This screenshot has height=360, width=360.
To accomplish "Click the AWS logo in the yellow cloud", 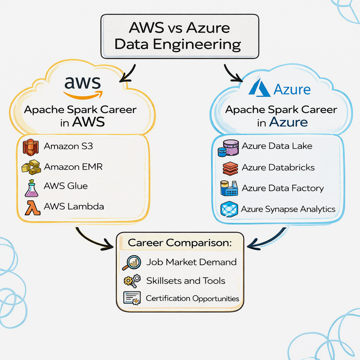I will point(83,86).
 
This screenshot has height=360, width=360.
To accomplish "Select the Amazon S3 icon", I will point(31,147).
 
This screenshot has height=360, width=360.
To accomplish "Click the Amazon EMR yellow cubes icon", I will point(31,167).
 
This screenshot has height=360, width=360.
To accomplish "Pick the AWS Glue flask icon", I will point(31,188).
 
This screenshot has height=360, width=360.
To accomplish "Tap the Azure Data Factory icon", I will point(229,188).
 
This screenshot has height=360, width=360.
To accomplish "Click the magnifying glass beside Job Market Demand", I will point(132,263).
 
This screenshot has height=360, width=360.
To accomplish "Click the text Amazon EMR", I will point(73,166).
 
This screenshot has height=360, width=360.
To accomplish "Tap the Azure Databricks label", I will point(278,167).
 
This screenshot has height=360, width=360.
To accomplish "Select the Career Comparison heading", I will point(180,243).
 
